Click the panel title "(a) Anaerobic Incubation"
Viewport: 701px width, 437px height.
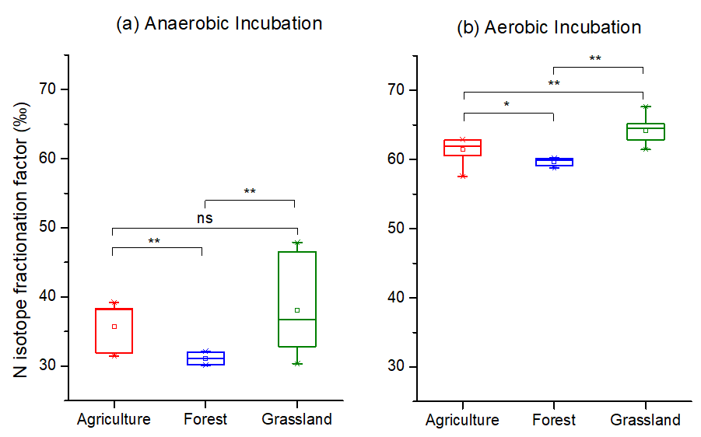coord(219,24)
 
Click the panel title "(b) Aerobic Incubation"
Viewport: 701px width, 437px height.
coord(549,28)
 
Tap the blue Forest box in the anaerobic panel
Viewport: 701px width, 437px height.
coord(205,358)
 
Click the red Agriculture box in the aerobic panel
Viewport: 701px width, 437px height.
coord(462,148)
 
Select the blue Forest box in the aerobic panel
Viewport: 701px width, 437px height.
coord(554,162)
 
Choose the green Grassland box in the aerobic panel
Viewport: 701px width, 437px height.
coord(645,131)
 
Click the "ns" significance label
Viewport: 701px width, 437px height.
coord(204,218)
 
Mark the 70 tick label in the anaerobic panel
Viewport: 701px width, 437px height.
coord(49,89)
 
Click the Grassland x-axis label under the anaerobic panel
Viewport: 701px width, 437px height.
coord(296,420)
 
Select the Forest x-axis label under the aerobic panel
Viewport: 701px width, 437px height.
coord(554,421)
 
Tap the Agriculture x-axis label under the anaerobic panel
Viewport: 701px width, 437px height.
coord(114,420)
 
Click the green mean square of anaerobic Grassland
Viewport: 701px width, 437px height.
coord(297,310)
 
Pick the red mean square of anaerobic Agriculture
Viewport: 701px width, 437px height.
coord(114,327)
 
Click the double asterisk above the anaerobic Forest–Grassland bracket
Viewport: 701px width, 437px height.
coord(250,191)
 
